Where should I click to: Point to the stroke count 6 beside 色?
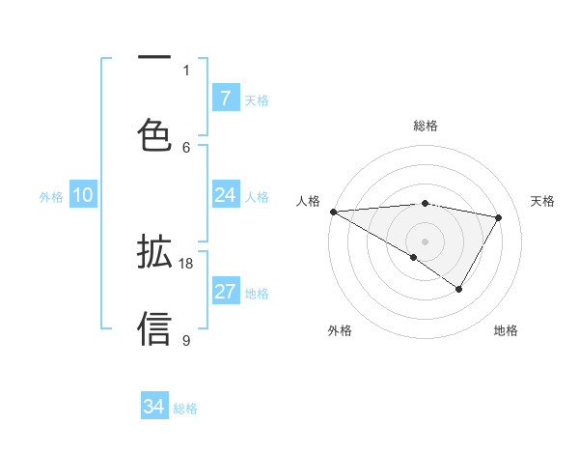pos(186,147)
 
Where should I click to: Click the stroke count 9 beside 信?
pos(186,340)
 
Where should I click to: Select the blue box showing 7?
pos(225,99)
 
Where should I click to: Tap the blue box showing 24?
pos(225,195)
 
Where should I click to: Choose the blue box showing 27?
pos(225,292)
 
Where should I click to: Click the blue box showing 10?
pos(82,195)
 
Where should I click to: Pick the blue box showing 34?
pos(153,407)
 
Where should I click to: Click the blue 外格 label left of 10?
pos(51,197)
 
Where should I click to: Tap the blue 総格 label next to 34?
pos(185,409)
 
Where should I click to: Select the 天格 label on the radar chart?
pos(543,201)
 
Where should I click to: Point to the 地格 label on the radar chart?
pos(506,330)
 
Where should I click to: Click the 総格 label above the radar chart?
pos(425,126)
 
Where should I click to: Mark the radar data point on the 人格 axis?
pos(333,211)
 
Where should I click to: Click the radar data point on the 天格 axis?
pos(499,217)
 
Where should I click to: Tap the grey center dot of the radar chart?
pos(425,241)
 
